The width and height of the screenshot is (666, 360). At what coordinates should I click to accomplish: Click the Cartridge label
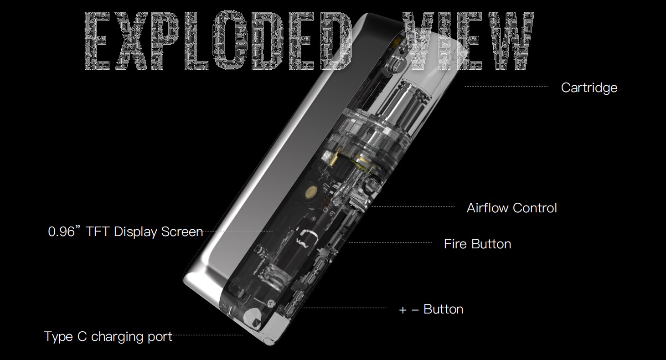(589, 88)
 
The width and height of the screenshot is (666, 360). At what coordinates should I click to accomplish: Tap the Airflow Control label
(511, 208)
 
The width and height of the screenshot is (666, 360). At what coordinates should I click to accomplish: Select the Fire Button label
(477, 244)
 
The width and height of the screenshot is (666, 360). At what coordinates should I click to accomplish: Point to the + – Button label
(431, 309)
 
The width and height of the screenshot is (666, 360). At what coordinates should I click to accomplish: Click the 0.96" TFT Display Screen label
(125, 232)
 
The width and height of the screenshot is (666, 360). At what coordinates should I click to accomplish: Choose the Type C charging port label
(108, 336)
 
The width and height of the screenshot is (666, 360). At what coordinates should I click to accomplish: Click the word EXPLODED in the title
(218, 41)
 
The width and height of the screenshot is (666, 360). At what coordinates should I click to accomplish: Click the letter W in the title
(509, 41)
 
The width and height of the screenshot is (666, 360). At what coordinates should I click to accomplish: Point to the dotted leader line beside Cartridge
(506, 87)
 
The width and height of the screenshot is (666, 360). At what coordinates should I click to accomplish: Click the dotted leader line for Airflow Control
(413, 206)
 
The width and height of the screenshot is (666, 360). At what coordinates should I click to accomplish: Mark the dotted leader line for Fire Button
(390, 242)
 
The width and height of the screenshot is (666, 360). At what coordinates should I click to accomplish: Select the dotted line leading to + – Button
(345, 308)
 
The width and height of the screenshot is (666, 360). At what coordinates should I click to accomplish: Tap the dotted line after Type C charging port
(208, 335)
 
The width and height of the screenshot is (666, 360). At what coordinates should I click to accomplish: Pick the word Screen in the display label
(182, 232)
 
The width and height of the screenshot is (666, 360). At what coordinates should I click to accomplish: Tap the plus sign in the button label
(403, 310)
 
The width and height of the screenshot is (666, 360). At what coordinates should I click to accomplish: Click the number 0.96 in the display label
(61, 232)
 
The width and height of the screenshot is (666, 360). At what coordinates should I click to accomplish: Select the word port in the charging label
(160, 337)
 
